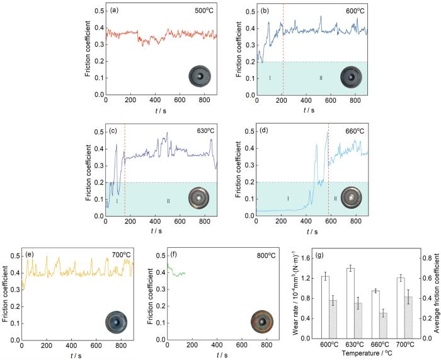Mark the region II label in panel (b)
[321, 78]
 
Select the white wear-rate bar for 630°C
[350, 294]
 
